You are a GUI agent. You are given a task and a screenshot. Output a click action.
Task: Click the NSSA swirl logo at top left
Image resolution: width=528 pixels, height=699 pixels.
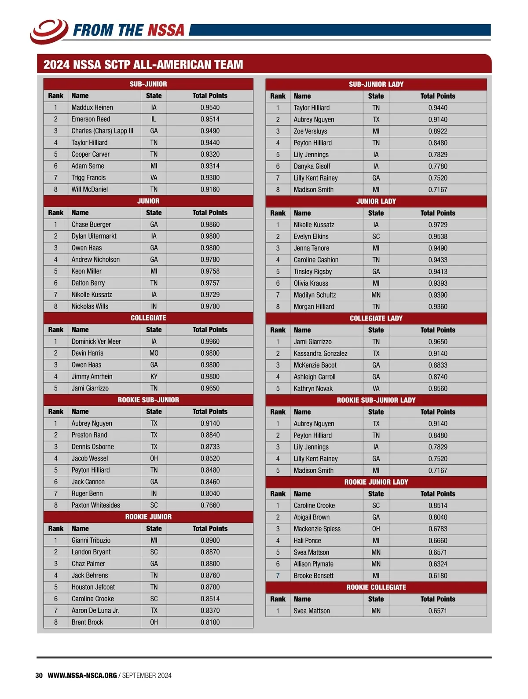[48, 30]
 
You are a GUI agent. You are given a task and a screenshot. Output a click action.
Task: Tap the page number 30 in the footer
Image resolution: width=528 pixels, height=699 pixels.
[39, 675]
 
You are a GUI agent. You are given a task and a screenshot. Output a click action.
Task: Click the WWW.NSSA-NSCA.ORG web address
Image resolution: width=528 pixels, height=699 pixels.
[82, 675]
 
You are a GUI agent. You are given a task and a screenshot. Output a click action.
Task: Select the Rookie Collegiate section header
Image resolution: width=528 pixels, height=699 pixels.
[376, 587]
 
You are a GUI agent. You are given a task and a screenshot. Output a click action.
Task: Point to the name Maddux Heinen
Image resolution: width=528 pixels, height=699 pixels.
[92, 107]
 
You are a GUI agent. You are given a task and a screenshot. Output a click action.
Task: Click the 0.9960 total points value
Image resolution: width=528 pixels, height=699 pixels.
[210, 342]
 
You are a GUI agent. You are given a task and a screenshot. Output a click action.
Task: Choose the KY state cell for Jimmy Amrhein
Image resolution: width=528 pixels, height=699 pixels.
[154, 376]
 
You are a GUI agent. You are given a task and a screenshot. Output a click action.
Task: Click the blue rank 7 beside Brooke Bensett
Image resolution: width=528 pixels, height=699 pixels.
[278, 576]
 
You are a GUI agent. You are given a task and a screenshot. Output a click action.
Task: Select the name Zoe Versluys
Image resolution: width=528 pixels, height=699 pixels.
[310, 131]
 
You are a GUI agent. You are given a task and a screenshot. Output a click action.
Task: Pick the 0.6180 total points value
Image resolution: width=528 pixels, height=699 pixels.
[437, 576]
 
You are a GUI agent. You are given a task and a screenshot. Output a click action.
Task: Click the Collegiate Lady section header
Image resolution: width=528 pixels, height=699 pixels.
[376, 318]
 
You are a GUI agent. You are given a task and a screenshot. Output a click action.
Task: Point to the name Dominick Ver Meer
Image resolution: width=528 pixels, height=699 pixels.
[96, 342]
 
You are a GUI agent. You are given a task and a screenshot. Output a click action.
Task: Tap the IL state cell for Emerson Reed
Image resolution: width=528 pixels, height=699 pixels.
[154, 119]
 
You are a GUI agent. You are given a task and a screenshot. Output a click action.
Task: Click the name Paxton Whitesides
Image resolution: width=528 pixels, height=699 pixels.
[95, 505]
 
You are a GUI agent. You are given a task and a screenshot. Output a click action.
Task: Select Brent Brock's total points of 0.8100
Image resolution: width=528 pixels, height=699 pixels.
[210, 622]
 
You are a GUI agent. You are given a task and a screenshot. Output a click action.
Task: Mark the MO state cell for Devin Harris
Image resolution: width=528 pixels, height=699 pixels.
[154, 353]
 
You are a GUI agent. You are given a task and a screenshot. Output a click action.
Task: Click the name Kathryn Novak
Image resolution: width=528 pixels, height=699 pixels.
[313, 389]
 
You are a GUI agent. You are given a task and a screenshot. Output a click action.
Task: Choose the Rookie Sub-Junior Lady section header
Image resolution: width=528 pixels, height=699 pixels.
[376, 400]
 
